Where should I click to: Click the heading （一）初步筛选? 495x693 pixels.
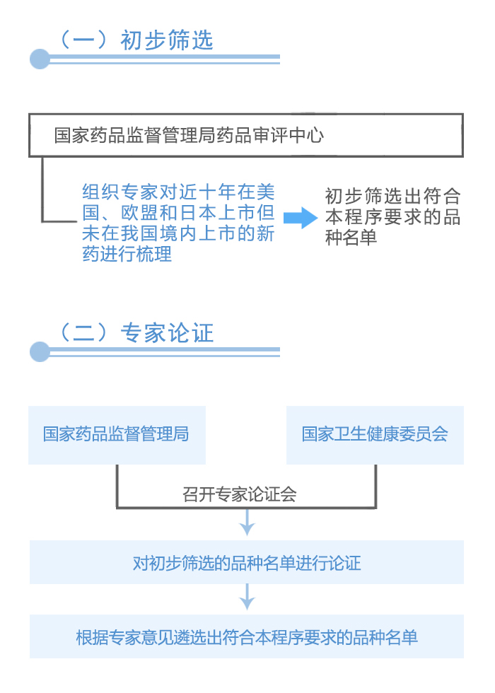136,40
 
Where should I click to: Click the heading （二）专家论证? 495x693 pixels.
136,332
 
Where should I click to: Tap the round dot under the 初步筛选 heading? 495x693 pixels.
40,59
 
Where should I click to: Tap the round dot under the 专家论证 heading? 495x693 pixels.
40,352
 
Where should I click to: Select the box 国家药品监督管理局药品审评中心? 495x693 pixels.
246,135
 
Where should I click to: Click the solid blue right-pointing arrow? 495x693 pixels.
301,218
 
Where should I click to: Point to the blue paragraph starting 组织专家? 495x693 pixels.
178,223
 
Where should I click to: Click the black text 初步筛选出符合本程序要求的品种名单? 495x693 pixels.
393,216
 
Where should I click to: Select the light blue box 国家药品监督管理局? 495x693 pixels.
117,435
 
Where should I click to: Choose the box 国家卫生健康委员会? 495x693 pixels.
375,435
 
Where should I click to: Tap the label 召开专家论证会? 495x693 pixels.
240,494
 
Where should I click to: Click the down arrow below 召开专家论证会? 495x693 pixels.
247,522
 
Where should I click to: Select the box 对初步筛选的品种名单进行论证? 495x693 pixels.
247,562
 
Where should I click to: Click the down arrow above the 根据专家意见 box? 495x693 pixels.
247,597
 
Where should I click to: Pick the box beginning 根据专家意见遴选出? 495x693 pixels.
247,636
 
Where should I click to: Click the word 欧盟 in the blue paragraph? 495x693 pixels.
140,213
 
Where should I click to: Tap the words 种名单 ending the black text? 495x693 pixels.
351,238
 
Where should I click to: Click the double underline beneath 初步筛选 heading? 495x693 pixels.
164,59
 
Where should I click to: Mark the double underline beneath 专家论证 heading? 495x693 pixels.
164,352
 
